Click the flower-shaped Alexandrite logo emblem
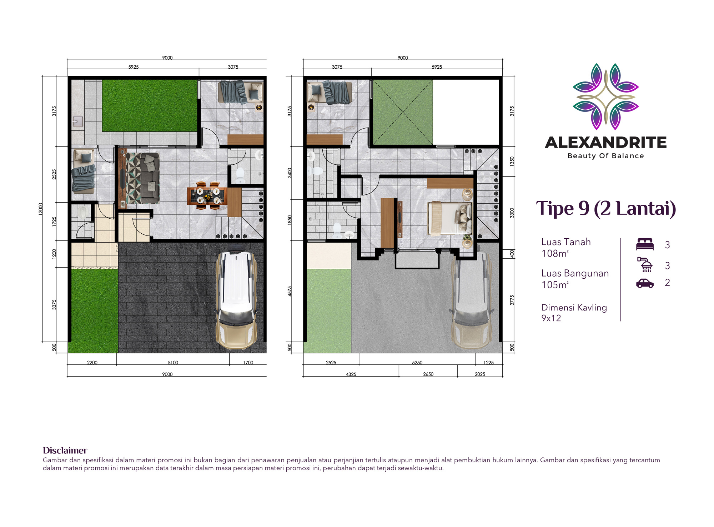click(606, 96)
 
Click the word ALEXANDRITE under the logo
click(606, 143)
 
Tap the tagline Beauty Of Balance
click(606, 156)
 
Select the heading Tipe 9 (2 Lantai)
click(606, 208)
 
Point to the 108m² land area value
click(555, 253)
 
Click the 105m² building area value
click(555, 285)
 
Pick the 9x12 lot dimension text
click(551, 318)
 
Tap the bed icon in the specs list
click(645, 244)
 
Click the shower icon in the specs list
click(645, 264)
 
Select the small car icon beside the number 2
click(645, 283)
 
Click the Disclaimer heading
click(65, 450)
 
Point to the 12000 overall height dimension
click(41, 209)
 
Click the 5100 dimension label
click(173, 363)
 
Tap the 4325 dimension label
click(351, 374)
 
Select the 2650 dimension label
click(428, 374)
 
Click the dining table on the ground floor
click(207, 196)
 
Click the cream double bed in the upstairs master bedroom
click(450, 218)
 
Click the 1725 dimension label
click(54, 222)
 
